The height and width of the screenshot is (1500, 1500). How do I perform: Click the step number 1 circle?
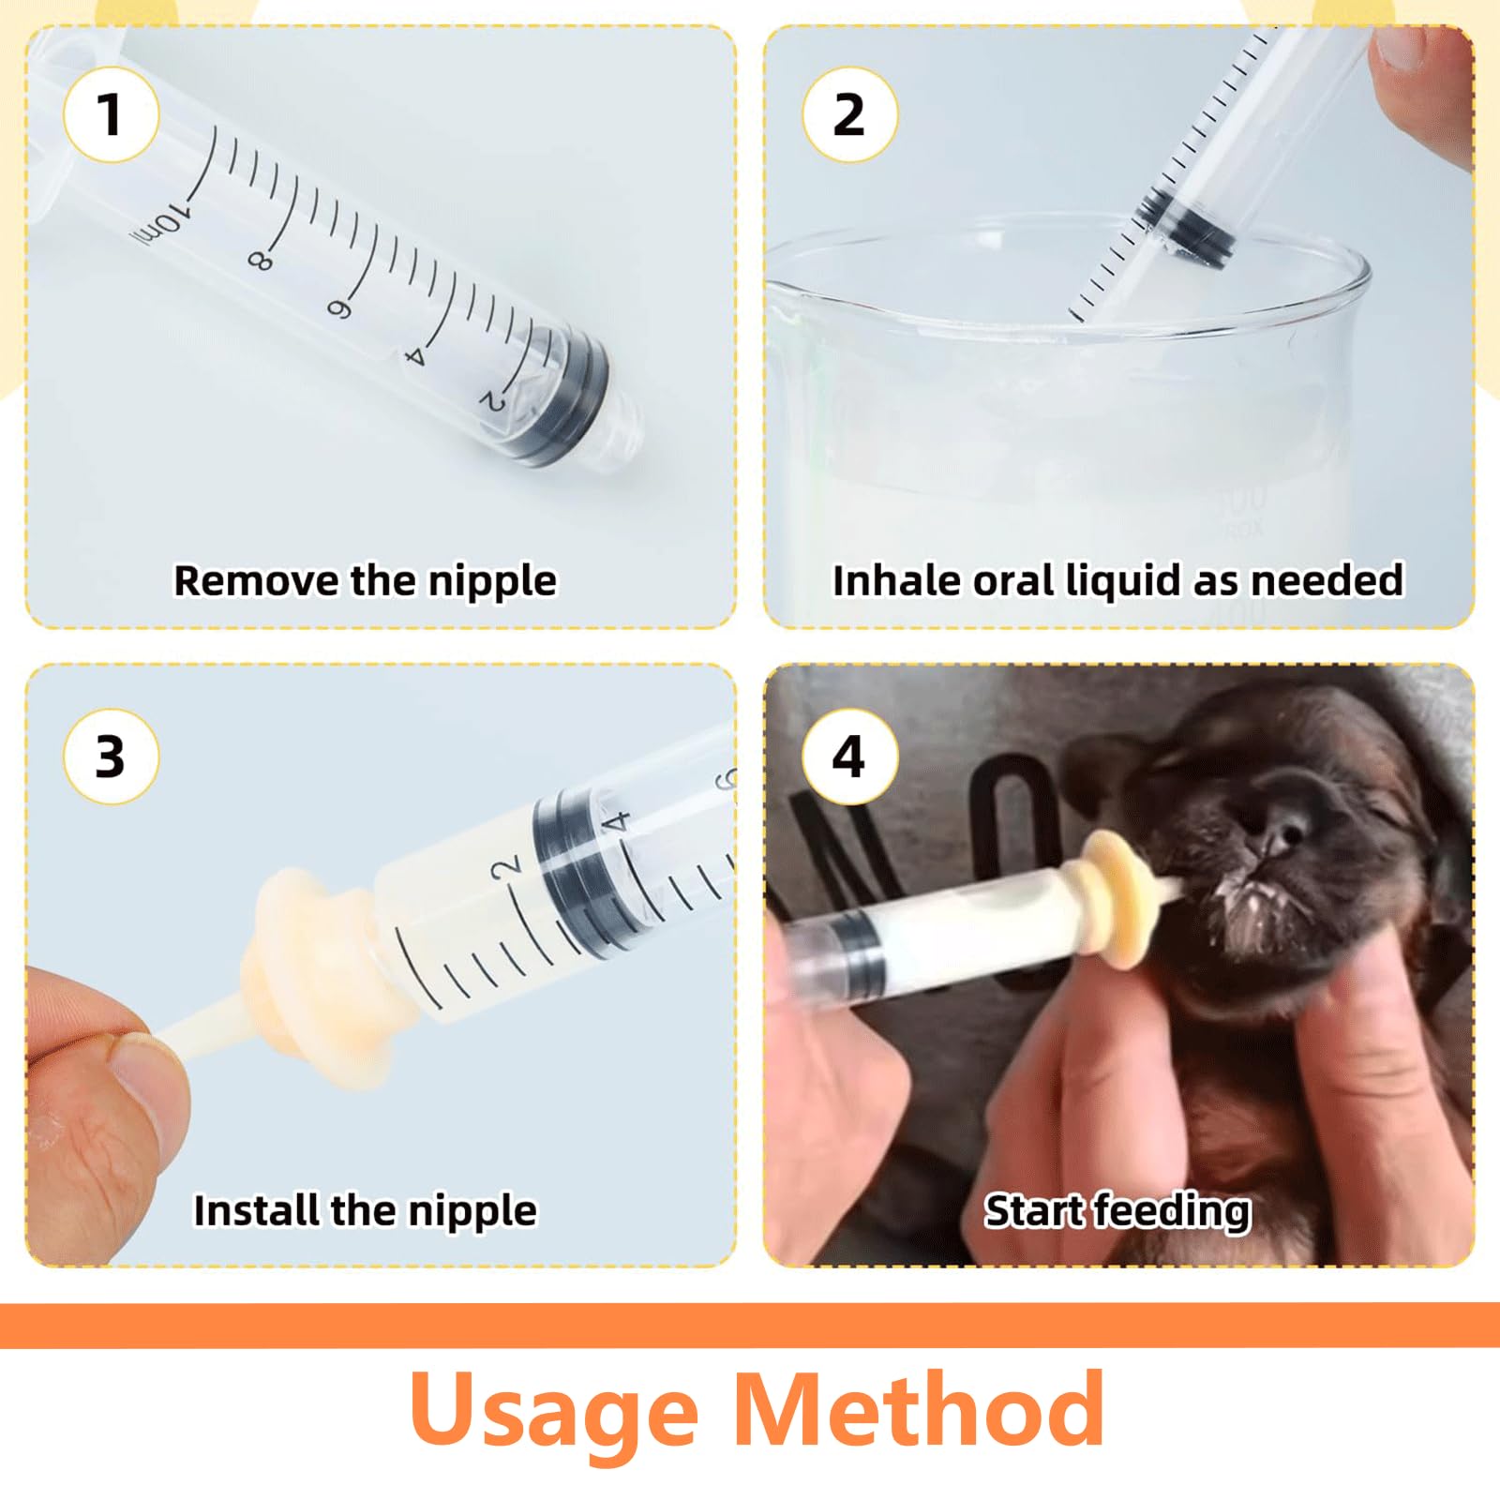click(x=111, y=114)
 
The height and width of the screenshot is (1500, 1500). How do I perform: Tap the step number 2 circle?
click(x=849, y=114)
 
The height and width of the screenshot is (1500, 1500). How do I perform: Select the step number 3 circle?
click(x=111, y=757)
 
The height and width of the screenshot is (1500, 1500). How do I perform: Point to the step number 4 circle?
click(x=849, y=757)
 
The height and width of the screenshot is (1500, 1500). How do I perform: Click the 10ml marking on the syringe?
click(x=160, y=226)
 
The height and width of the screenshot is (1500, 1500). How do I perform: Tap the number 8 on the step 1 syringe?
click(x=262, y=261)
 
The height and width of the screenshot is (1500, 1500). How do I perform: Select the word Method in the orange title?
click(x=919, y=1409)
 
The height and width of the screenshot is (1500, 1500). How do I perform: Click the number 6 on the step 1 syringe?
click(x=338, y=308)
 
